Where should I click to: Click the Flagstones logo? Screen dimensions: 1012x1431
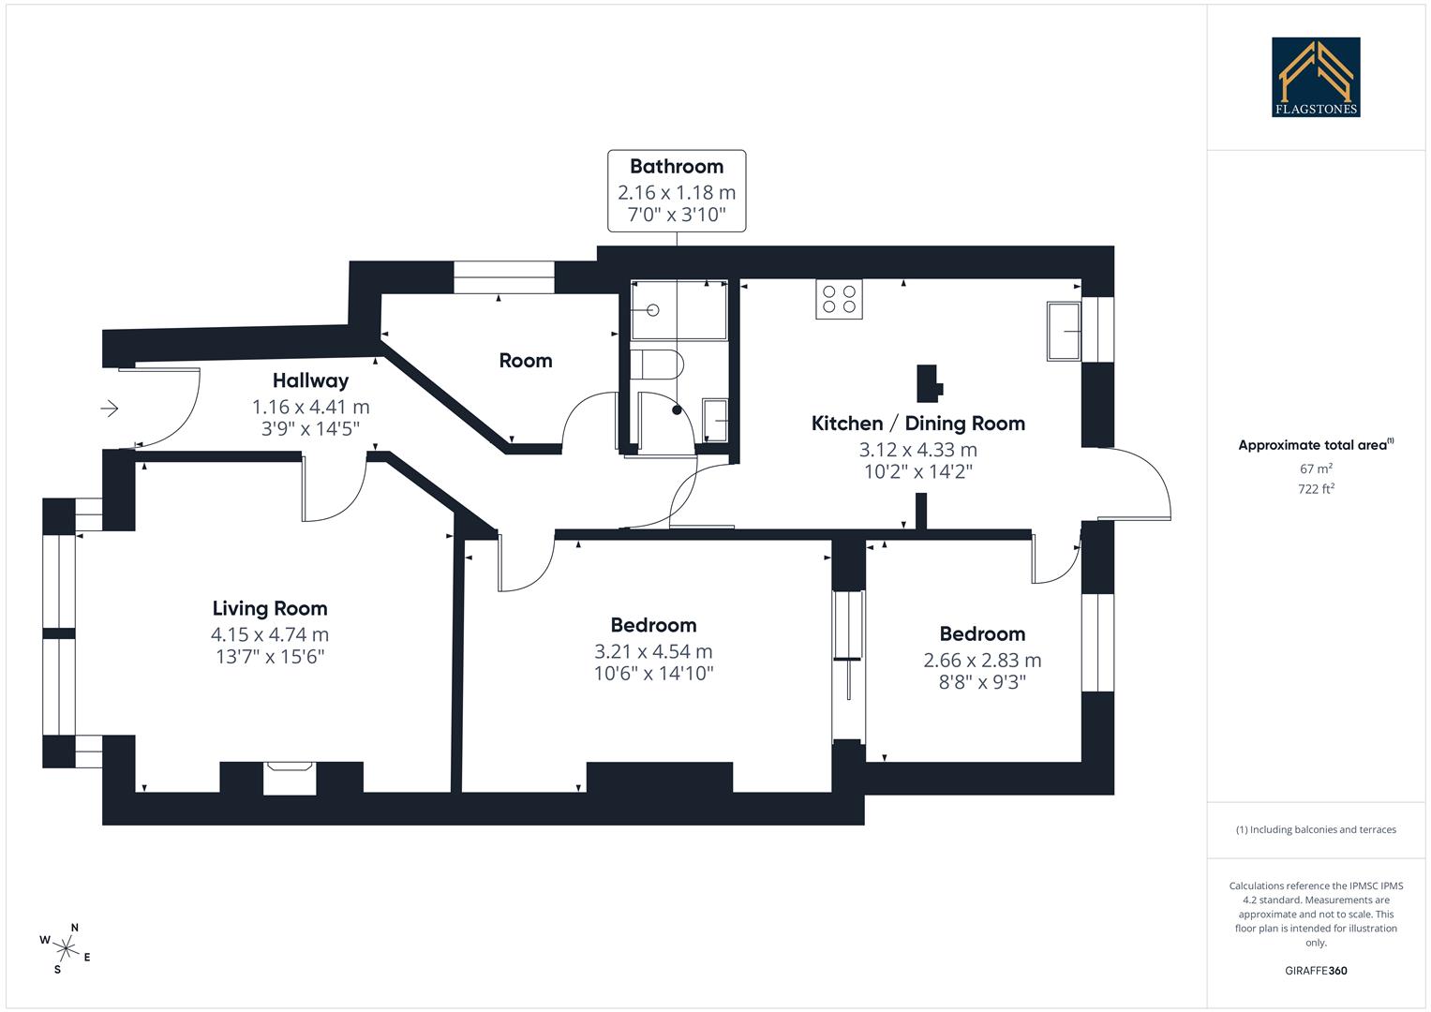(1316, 77)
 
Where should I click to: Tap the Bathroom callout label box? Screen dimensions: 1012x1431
(677, 191)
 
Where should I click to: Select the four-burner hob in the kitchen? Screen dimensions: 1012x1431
(839, 299)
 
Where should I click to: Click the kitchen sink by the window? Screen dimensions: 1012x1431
(1064, 331)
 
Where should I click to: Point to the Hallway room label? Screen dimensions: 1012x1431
(310, 380)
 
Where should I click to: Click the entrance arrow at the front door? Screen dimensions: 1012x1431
(110, 409)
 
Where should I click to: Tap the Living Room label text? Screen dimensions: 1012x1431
(270, 608)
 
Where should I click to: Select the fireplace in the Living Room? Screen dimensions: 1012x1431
(291, 778)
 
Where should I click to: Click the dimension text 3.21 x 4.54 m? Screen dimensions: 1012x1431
(653, 651)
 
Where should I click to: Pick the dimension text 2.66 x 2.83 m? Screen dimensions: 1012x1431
(982, 660)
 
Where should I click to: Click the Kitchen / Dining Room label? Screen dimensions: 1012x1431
(917, 424)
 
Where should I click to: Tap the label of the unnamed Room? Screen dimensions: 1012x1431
(525, 361)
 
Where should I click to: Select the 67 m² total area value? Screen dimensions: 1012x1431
(1316, 469)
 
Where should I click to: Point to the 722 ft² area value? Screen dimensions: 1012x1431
(1316, 489)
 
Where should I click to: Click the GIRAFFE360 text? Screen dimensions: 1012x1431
(1316, 971)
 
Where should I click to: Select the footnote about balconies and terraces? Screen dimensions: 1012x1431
(1316, 829)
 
